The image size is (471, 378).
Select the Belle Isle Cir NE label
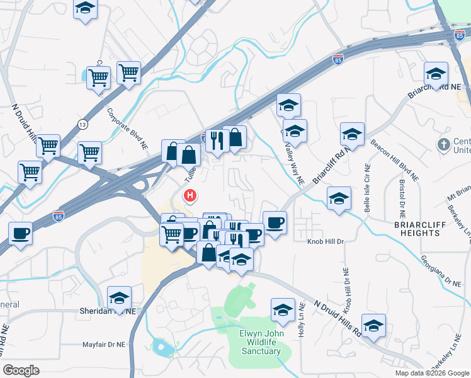pyautogui.click(x=366, y=188)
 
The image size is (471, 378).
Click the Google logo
pyautogui.click(x=21, y=370)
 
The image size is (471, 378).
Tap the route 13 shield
pyautogui.click(x=83, y=125)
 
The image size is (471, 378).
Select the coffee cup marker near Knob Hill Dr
pyautogui.click(x=275, y=223)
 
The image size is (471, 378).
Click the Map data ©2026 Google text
pyautogui.click(x=431, y=373)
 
